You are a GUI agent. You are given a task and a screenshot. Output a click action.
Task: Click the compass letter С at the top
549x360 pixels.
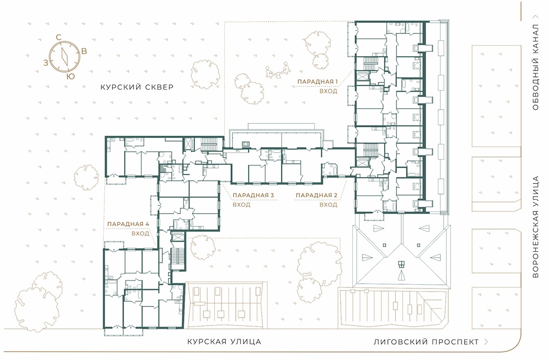(x=59, y=37)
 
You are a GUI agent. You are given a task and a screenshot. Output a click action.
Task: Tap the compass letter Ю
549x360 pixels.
(x=70, y=76)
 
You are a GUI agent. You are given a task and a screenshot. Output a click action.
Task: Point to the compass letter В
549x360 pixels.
(x=84, y=51)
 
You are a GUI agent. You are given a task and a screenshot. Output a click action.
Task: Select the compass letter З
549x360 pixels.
(x=46, y=63)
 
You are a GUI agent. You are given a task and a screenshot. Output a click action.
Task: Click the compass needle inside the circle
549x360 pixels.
(x=65, y=56)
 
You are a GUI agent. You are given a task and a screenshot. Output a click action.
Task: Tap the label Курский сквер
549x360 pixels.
(x=137, y=87)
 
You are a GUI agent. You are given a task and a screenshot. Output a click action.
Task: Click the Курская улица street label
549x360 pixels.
(x=224, y=341)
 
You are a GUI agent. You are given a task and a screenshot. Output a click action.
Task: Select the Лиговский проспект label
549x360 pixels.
(x=426, y=341)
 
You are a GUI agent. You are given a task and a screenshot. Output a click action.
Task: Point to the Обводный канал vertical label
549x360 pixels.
(x=535, y=67)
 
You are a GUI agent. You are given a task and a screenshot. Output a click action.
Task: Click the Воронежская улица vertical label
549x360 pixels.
(x=535, y=227)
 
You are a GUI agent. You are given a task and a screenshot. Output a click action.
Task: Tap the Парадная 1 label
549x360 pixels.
(x=317, y=82)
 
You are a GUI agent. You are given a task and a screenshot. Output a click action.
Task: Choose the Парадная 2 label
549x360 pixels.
(x=316, y=195)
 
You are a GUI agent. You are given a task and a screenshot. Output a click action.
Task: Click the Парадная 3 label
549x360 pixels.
(x=253, y=195)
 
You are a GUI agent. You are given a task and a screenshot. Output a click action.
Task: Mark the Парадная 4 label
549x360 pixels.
(x=128, y=224)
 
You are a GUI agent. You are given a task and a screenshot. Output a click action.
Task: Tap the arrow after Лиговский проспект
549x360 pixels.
(x=486, y=341)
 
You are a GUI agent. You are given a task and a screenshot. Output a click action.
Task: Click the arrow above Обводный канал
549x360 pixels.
(x=535, y=16)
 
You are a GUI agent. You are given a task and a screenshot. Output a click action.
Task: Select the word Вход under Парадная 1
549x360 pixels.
(x=329, y=91)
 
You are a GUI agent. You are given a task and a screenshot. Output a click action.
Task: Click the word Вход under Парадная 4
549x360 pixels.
(x=140, y=233)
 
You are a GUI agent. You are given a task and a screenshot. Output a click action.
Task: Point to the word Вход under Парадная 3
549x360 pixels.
(x=242, y=205)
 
